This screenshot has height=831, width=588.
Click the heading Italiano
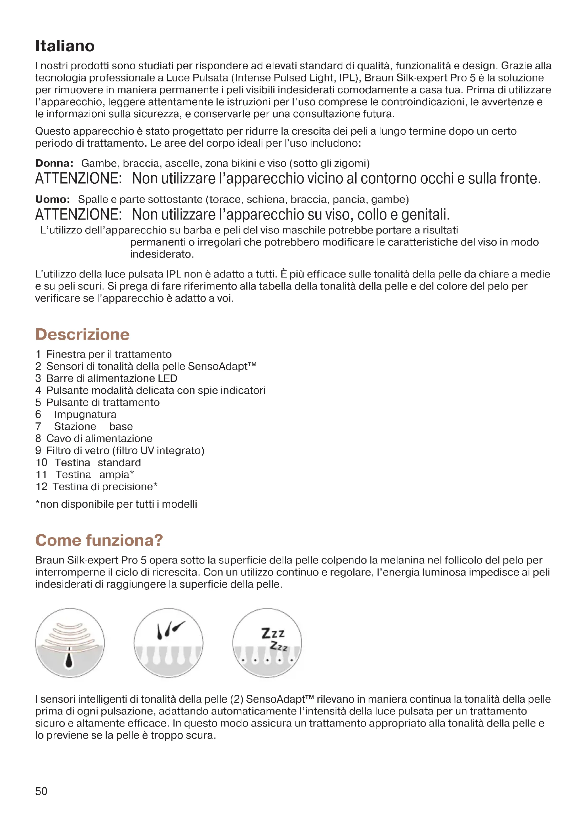coord(65,46)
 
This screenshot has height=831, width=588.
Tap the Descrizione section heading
coord(82,334)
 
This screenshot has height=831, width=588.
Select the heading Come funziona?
coord(99,540)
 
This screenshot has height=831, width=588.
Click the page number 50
coord(41,791)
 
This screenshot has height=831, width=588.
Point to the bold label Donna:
coord(54,163)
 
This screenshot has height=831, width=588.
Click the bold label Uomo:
coord(53,199)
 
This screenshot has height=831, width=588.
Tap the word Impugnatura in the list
coord(85,414)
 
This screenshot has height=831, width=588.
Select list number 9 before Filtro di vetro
coord(38,450)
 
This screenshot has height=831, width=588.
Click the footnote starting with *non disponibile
coord(116,504)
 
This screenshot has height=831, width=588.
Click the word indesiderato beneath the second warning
coord(161,254)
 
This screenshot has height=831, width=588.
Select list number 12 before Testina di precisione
coord(42,487)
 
